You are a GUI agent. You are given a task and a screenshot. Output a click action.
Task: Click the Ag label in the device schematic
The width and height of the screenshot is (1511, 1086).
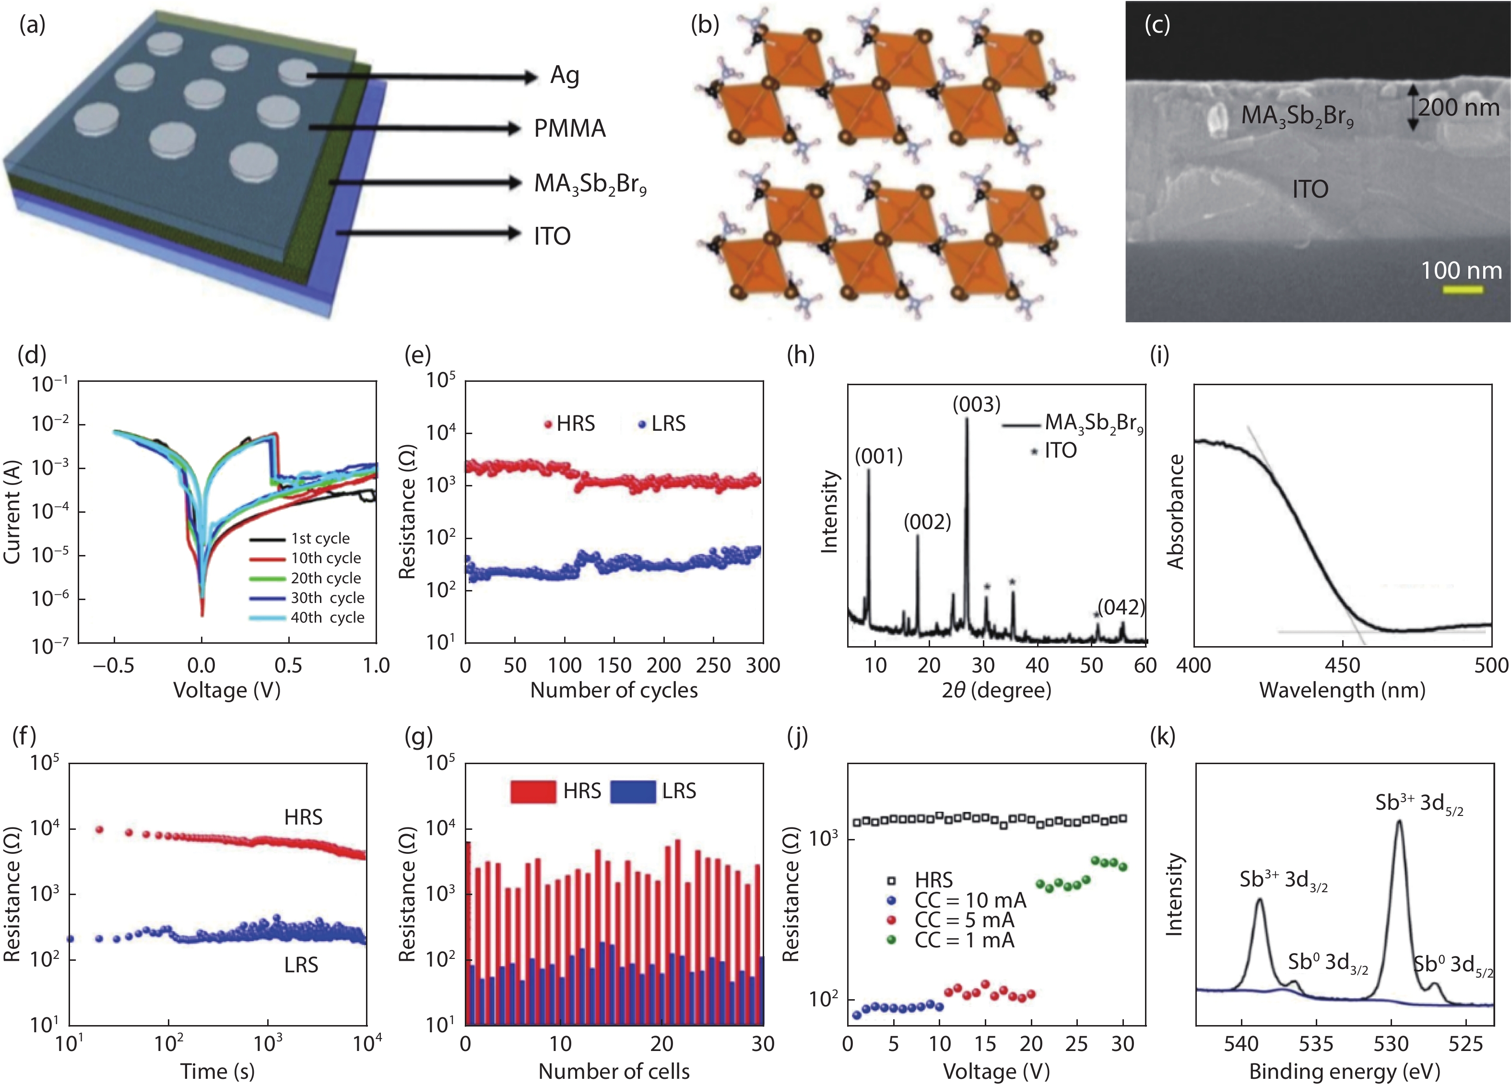click(x=564, y=76)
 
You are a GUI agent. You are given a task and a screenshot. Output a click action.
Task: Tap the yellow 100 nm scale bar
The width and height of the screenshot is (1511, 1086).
click(x=1463, y=290)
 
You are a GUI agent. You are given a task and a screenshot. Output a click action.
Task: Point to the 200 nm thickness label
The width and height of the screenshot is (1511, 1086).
click(x=1458, y=107)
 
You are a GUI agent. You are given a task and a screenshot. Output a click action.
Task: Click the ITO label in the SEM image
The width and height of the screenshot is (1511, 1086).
click(x=1310, y=190)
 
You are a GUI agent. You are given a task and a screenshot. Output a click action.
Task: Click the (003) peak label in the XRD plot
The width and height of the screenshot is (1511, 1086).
click(x=976, y=404)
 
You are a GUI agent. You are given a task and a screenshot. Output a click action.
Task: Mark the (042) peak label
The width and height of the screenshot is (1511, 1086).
click(x=1121, y=607)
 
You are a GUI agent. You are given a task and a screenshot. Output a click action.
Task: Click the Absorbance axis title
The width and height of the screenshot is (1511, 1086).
click(x=1176, y=512)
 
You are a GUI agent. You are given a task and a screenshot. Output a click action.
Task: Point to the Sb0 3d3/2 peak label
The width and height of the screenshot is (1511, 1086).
click(x=1327, y=963)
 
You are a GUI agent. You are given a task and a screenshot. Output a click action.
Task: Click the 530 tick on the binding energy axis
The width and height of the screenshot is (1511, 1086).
click(x=1391, y=1043)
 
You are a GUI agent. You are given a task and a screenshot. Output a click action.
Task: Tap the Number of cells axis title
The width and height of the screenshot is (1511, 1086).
click(x=614, y=1071)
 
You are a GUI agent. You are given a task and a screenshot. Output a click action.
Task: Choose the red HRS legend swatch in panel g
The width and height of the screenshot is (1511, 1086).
click(x=533, y=791)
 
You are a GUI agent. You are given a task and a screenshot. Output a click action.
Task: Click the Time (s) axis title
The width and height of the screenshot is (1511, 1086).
click(x=217, y=1071)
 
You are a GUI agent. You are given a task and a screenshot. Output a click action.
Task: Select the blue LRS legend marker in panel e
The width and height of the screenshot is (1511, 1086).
click(x=642, y=425)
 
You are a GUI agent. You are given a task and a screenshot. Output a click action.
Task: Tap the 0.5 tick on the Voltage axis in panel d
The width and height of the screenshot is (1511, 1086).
click(x=288, y=665)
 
